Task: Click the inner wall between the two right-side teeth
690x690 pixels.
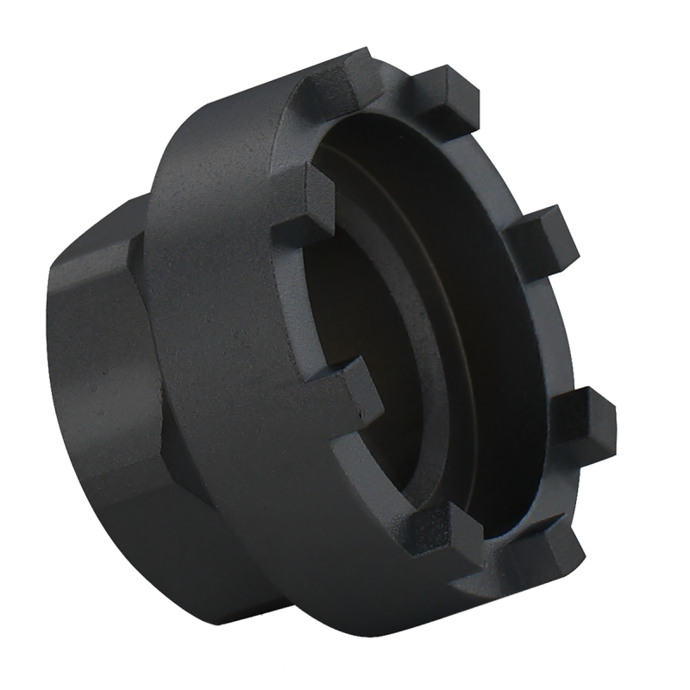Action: click(517, 328)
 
